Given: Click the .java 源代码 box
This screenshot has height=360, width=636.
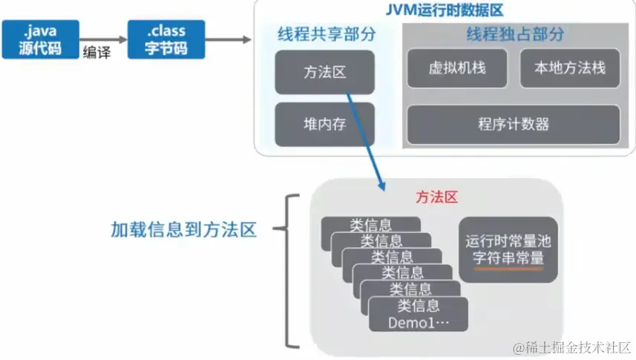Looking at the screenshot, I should point(39,39).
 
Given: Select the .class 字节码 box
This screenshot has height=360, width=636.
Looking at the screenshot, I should point(166,39).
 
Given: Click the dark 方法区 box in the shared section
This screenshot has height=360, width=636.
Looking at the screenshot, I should point(324,71).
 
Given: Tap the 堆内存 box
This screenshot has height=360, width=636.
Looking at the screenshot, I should point(324,124).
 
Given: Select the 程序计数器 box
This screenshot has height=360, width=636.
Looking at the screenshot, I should point(513,124).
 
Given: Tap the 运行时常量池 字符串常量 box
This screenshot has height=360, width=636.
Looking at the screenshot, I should point(508,249).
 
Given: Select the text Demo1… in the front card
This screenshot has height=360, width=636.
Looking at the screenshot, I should point(418,323).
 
